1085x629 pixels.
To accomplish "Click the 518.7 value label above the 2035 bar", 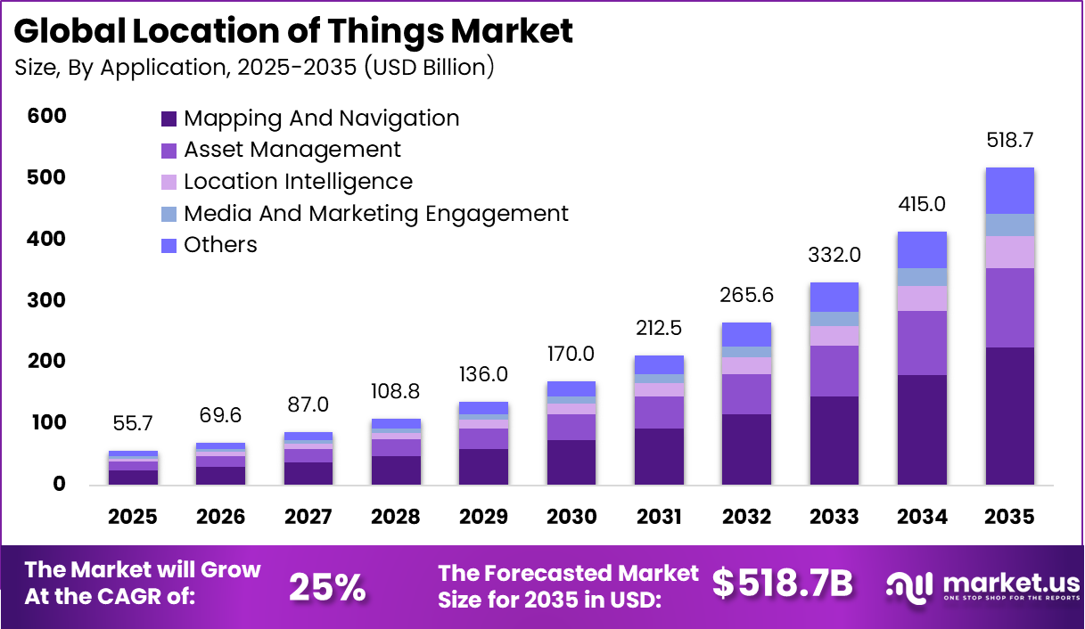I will [x=1010, y=141].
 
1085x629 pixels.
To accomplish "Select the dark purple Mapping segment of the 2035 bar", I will [x=1010, y=416].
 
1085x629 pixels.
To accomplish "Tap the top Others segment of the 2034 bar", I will [x=923, y=250].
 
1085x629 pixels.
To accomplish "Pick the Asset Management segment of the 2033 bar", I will [x=834, y=371].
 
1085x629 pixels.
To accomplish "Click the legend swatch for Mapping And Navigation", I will [x=169, y=119].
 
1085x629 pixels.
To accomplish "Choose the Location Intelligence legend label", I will [x=298, y=182].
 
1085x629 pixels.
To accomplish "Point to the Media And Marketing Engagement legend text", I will [x=375, y=214].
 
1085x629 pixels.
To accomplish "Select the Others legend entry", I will [x=220, y=245].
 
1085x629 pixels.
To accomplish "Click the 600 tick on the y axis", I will [x=46, y=117].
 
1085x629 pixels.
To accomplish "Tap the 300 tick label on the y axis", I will [x=46, y=300].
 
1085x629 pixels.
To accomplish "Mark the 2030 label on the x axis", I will [x=571, y=518].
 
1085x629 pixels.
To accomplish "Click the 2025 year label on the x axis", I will [x=133, y=518].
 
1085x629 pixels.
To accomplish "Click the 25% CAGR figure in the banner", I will [x=326, y=586].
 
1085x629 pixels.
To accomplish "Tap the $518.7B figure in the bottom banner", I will [x=782, y=584].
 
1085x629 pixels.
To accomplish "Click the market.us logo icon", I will [x=910, y=584].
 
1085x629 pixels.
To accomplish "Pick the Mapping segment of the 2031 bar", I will [x=660, y=456].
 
